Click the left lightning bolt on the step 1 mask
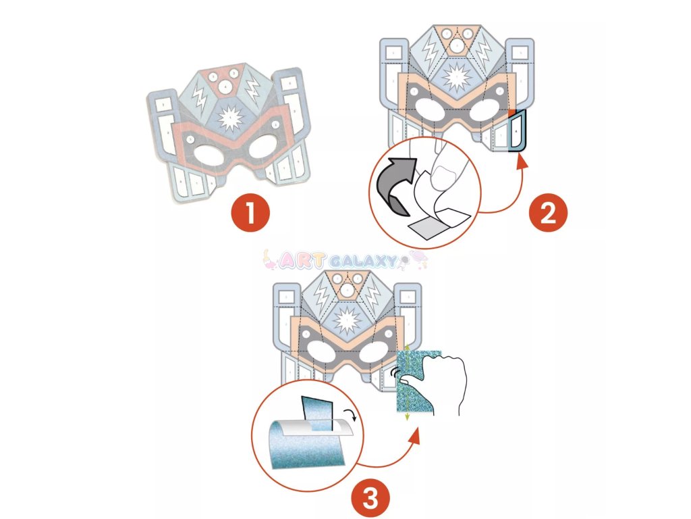pos(200,98)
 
